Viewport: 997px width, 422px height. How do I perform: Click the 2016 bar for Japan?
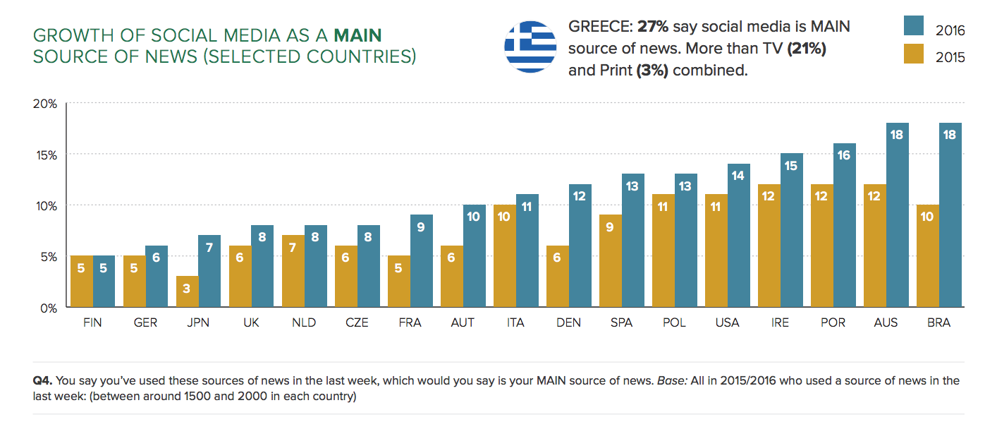pyautogui.click(x=209, y=272)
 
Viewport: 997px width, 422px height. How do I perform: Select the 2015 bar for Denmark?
pyautogui.click(x=557, y=281)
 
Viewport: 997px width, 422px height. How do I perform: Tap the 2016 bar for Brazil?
pyautogui.click(x=950, y=215)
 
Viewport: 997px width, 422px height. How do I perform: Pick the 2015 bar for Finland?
pyautogui.click(x=81, y=282)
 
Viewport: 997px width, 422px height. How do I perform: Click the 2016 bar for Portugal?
pyautogui.click(x=844, y=226)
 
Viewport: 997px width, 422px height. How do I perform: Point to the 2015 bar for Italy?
pyautogui.click(x=504, y=256)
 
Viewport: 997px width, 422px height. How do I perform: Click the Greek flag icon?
pyautogui.click(x=530, y=47)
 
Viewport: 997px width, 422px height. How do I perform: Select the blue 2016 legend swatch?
pyautogui.click(x=914, y=25)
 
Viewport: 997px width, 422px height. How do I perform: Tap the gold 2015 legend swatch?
pyautogui.click(x=914, y=54)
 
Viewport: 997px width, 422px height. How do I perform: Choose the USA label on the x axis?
pyautogui.click(x=727, y=322)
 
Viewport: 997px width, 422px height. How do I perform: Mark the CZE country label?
pyautogui.click(x=357, y=322)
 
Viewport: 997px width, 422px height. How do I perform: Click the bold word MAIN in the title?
pyautogui.click(x=358, y=35)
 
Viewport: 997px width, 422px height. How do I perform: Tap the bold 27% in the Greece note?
pyautogui.click(x=653, y=27)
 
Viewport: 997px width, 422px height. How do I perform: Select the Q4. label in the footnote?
pyautogui.click(x=44, y=380)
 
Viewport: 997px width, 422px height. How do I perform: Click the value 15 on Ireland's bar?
pyautogui.click(x=790, y=165)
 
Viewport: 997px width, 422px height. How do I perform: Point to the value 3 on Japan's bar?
pyautogui.click(x=187, y=288)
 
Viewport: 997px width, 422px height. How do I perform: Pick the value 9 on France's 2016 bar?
pyautogui.click(x=421, y=227)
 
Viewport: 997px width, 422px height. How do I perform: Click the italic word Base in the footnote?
pyautogui.click(x=670, y=380)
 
